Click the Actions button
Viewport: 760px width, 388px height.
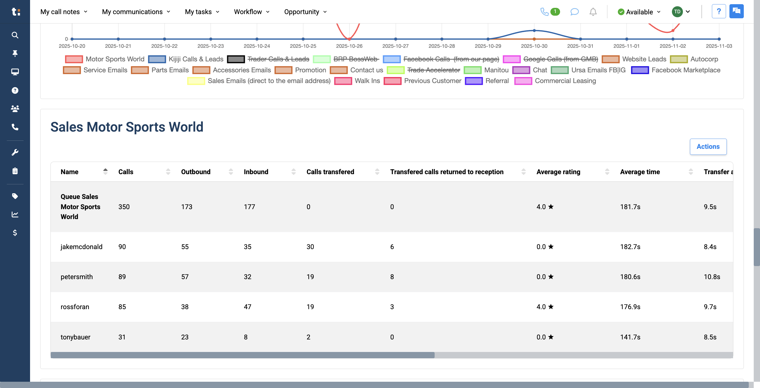[x=708, y=146]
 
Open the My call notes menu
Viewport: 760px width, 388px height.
[x=64, y=12]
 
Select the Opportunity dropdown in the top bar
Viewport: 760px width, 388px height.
[x=305, y=12]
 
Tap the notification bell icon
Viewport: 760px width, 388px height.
[x=593, y=12]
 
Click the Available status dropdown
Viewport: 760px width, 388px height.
[x=639, y=12]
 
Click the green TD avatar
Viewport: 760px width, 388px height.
[x=677, y=12]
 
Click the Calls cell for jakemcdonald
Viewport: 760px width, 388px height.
[x=122, y=247]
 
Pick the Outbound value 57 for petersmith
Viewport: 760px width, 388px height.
[x=185, y=277]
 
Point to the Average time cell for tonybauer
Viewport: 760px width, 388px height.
[x=630, y=337]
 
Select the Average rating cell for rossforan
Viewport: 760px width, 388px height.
[x=545, y=307]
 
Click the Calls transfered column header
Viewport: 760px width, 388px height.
[x=330, y=172]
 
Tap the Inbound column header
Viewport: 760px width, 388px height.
[x=256, y=172]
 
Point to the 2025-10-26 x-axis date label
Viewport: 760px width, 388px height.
[x=349, y=46]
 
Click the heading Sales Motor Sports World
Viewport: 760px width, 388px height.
[x=127, y=127]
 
